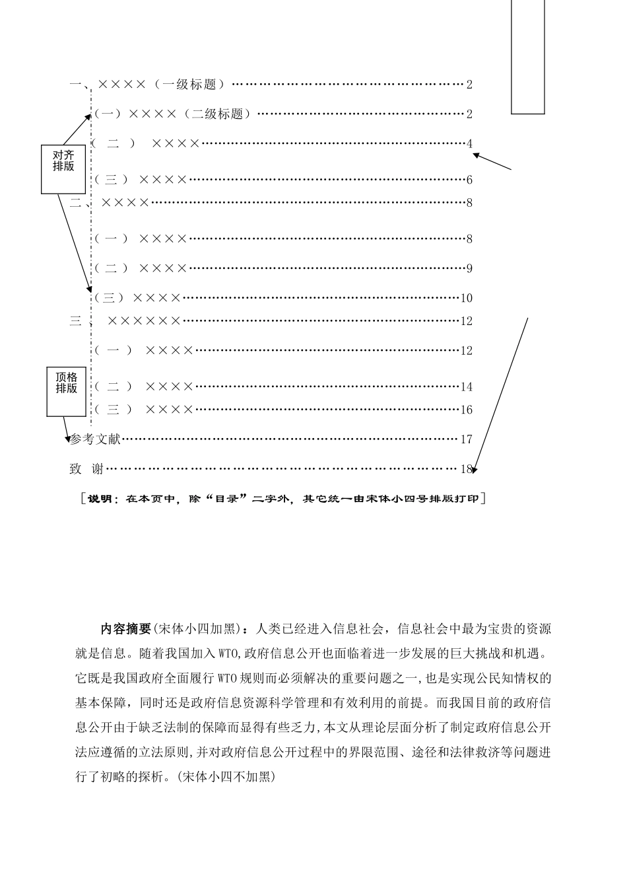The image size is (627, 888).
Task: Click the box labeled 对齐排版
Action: [63, 168]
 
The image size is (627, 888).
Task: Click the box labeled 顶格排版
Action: [66, 392]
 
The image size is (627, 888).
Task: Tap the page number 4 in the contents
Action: [469, 144]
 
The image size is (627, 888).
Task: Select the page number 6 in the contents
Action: [469, 180]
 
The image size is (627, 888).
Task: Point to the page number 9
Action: [469, 268]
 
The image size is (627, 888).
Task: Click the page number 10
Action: [467, 298]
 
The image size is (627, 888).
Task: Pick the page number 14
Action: [467, 387]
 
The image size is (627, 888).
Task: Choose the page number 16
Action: [467, 410]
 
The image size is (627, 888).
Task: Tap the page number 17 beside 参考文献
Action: [467, 439]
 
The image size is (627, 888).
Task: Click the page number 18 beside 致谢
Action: [467, 469]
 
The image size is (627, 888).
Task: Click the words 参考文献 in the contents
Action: [96, 439]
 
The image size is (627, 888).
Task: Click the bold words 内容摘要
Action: [126, 629]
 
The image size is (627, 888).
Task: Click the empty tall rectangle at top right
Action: [528, 56]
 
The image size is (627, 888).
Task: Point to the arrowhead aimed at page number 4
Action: [476, 156]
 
